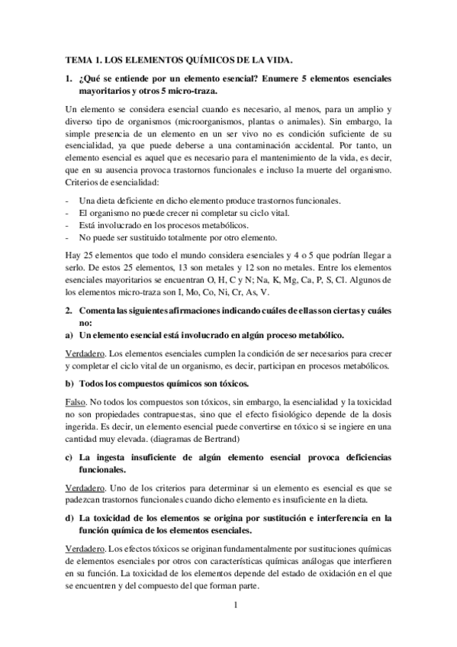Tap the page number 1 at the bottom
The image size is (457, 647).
click(237, 607)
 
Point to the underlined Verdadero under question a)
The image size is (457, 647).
click(85, 354)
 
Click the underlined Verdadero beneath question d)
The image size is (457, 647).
click(85, 550)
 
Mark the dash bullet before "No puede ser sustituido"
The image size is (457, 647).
click(68, 238)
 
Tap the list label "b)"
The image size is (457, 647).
click(70, 382)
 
